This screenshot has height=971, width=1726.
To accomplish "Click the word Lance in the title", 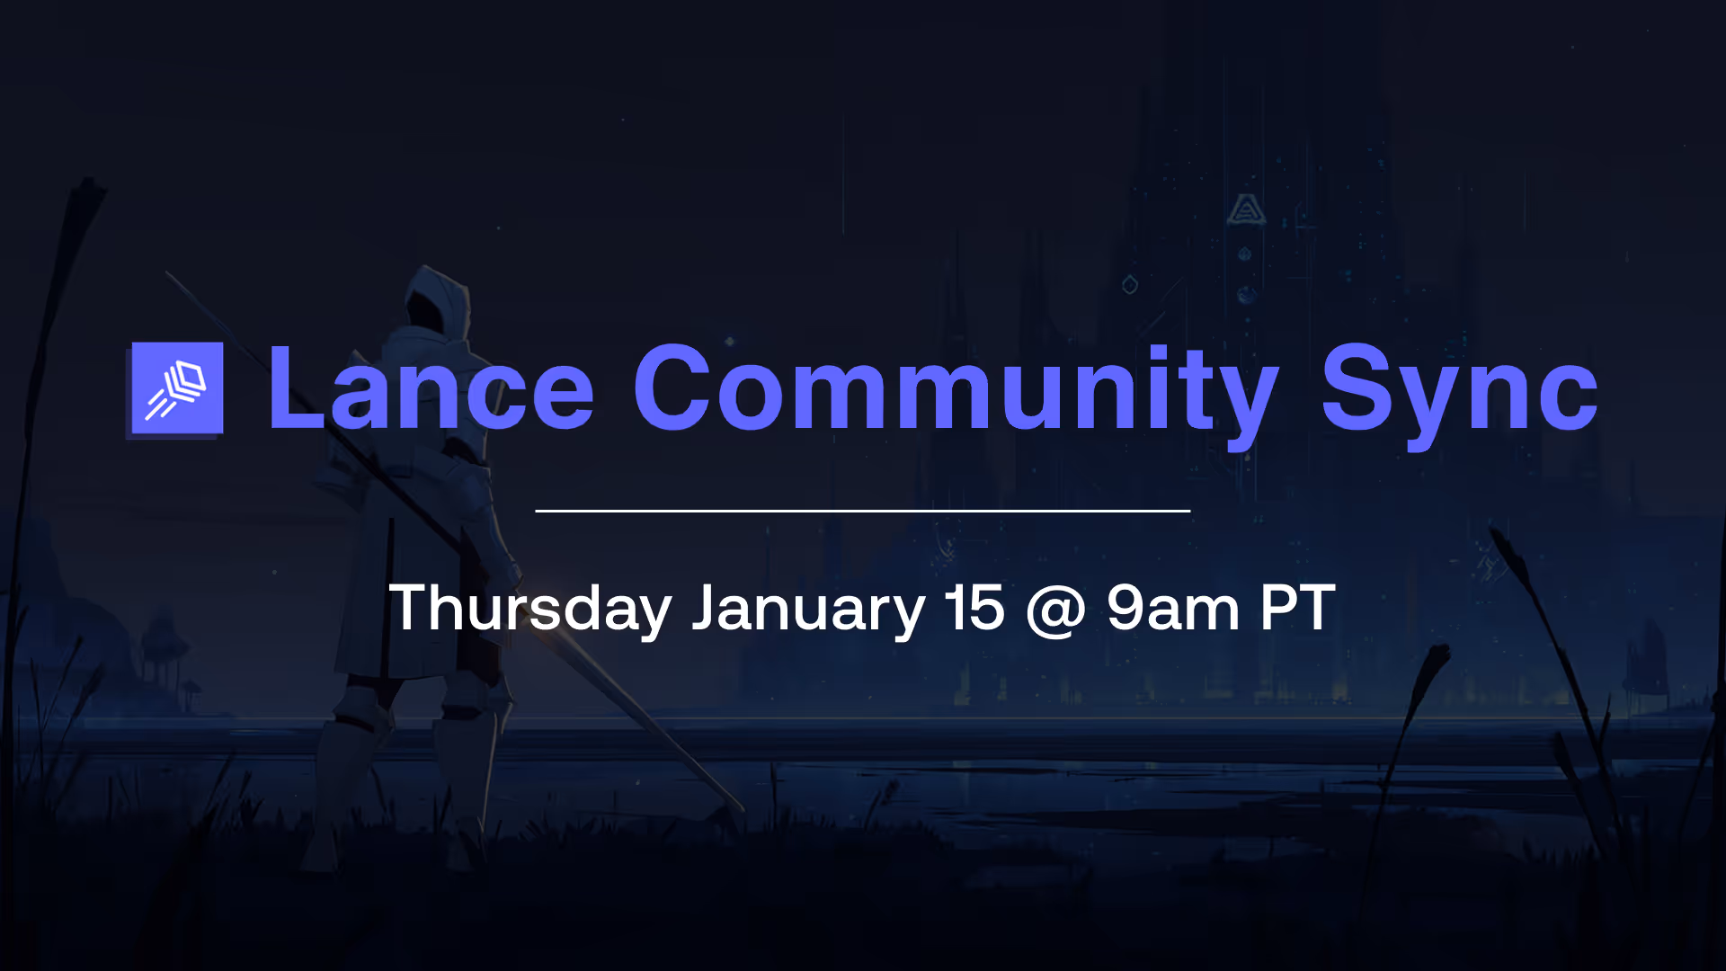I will [430, 388].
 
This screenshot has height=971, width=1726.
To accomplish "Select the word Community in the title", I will [955, 388].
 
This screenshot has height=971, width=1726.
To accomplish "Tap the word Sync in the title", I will [1458, 388].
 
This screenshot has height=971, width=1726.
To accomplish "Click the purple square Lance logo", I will [177, 388].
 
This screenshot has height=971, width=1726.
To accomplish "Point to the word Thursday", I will [530, 609].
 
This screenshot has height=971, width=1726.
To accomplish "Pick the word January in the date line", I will [807, 609].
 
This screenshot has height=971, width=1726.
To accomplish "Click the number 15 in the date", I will [974, 609].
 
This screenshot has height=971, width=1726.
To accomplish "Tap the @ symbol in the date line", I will [1055, 610].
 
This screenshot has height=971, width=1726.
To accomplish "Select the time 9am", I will [1173, 609].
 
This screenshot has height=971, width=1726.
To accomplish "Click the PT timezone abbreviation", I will [1297, 609].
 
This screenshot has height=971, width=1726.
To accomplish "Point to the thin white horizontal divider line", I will [863, 511].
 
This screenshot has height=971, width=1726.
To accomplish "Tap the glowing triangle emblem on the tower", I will [1246, 210].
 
